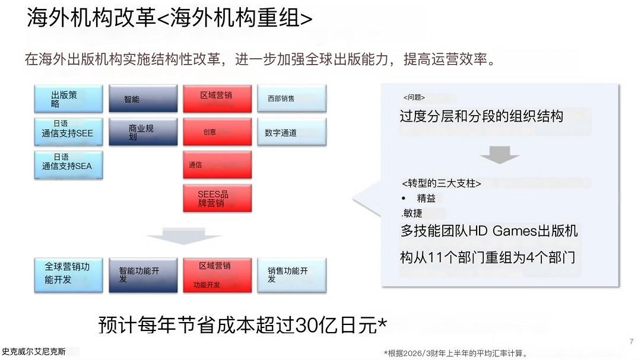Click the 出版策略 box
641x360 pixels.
click(68, 99)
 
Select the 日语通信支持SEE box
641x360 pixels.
click(68, 132)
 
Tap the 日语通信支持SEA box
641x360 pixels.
click(68, 164)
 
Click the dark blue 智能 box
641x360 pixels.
click(143, 99)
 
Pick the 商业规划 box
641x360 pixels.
click(143, 132)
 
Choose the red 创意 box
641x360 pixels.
click(217, 132)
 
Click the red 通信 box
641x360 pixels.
click(217, 165)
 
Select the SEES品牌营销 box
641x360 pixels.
click(217, 198)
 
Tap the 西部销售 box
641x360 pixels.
click(291, 98)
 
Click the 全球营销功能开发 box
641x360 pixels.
click(68, 274)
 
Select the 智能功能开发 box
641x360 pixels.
click(143, 275)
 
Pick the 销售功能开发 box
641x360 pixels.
click(291, 275)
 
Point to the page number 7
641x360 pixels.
click(631, 342)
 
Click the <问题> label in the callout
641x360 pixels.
click(414, 97)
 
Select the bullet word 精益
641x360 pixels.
click(426, 199)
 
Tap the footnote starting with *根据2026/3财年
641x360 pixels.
click(455, 353)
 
